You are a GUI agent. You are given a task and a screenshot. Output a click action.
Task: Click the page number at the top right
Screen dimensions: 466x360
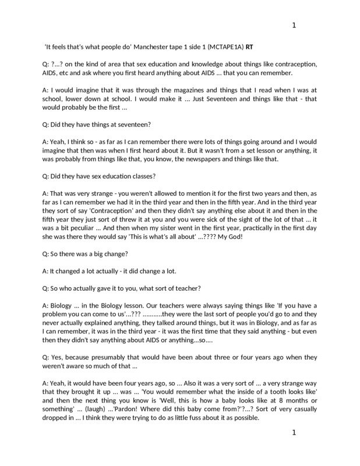pyautogui.click(x=294, y=25)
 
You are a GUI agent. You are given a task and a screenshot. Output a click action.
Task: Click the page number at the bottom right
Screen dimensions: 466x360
pyautogui.click(x=294, y=433)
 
